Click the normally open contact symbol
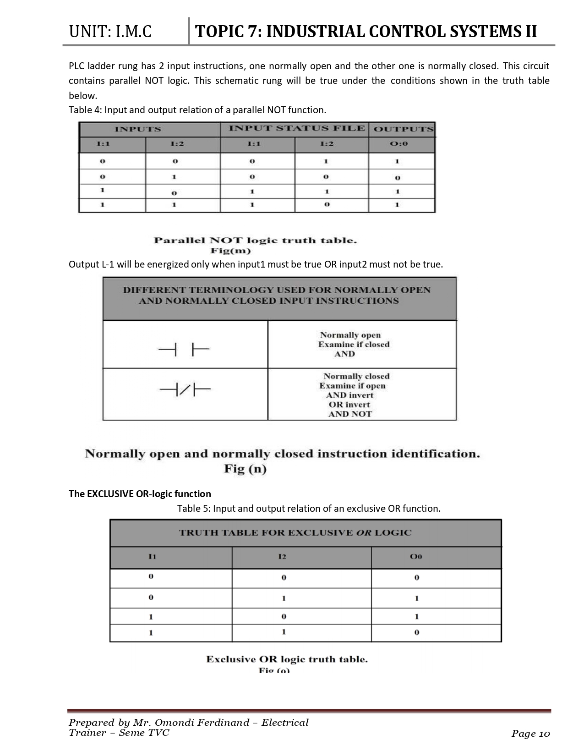(x=184, y=351)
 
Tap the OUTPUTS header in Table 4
(x=403, y=129)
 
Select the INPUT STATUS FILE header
(x=297, y=128)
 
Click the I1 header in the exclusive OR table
(x=153, y=556)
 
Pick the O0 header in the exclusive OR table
(x=416, y=557)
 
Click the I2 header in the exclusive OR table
(x=282, y=557)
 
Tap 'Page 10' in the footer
(x=530, y=734)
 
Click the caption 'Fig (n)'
(x=245, y=469)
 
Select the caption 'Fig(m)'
(x=230, y=251)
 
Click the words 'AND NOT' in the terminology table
(x=350, y=414)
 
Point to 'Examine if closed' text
(x=354, y=345)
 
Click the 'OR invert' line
(x=349, y=405)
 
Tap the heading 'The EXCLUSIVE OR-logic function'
(x=140, y=494)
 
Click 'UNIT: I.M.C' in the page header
(x=110, y=32)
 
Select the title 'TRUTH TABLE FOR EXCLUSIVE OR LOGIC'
(x=295, y=533)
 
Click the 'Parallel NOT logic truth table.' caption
(x=255, y=241)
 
